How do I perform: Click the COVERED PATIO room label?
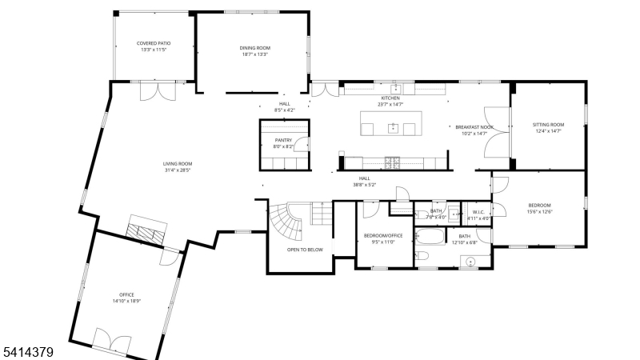pos(153,43)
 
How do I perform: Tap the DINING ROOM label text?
pos(254,48)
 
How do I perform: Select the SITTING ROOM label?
pos(548,125)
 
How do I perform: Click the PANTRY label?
pos(283,140)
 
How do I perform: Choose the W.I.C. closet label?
pos(478,211)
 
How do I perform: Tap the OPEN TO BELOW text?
pos(305,250)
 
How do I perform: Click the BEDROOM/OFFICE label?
pos(383,236)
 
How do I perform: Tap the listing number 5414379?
pos(28,351)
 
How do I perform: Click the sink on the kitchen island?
pos(393,127)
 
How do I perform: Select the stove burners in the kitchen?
pos(394,162)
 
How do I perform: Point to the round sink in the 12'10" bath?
pos(472,260)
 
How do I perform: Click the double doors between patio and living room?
pos(156,90)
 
